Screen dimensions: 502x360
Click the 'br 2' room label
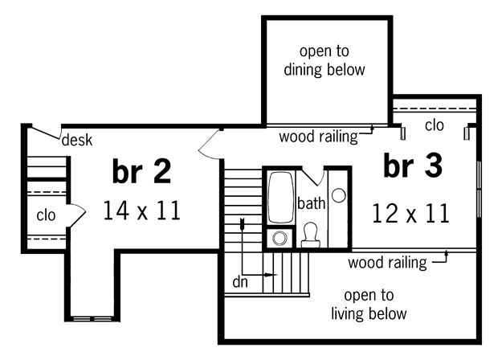pos(141,171)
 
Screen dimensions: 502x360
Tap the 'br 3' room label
pos(413,166)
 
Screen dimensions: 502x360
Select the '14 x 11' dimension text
pos(142,211)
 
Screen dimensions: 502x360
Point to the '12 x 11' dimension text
pos(410,213)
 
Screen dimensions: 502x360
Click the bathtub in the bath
pos(281,198)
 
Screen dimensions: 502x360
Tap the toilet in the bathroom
pos(310,235)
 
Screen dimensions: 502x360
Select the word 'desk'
pos(77,140)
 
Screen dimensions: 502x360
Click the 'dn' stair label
pos(240,282)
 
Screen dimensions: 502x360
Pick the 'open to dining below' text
pos(324,60)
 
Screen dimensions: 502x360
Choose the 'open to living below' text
pos(369,305)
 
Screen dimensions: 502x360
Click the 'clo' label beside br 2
pos(46,215)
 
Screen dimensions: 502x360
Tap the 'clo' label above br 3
pos(435,125)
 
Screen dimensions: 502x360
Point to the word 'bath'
pos(311,203)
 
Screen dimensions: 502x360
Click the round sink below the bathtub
pos(280,239)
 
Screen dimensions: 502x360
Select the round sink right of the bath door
pos(338,196)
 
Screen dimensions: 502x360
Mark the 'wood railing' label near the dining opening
pos(318,137)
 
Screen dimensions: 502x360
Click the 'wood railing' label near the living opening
pos(387,263)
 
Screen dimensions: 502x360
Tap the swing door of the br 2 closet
pos(77,215)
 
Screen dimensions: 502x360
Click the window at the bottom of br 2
pos(92,319)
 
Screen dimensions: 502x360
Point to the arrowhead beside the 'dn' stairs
pos(272,275)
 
